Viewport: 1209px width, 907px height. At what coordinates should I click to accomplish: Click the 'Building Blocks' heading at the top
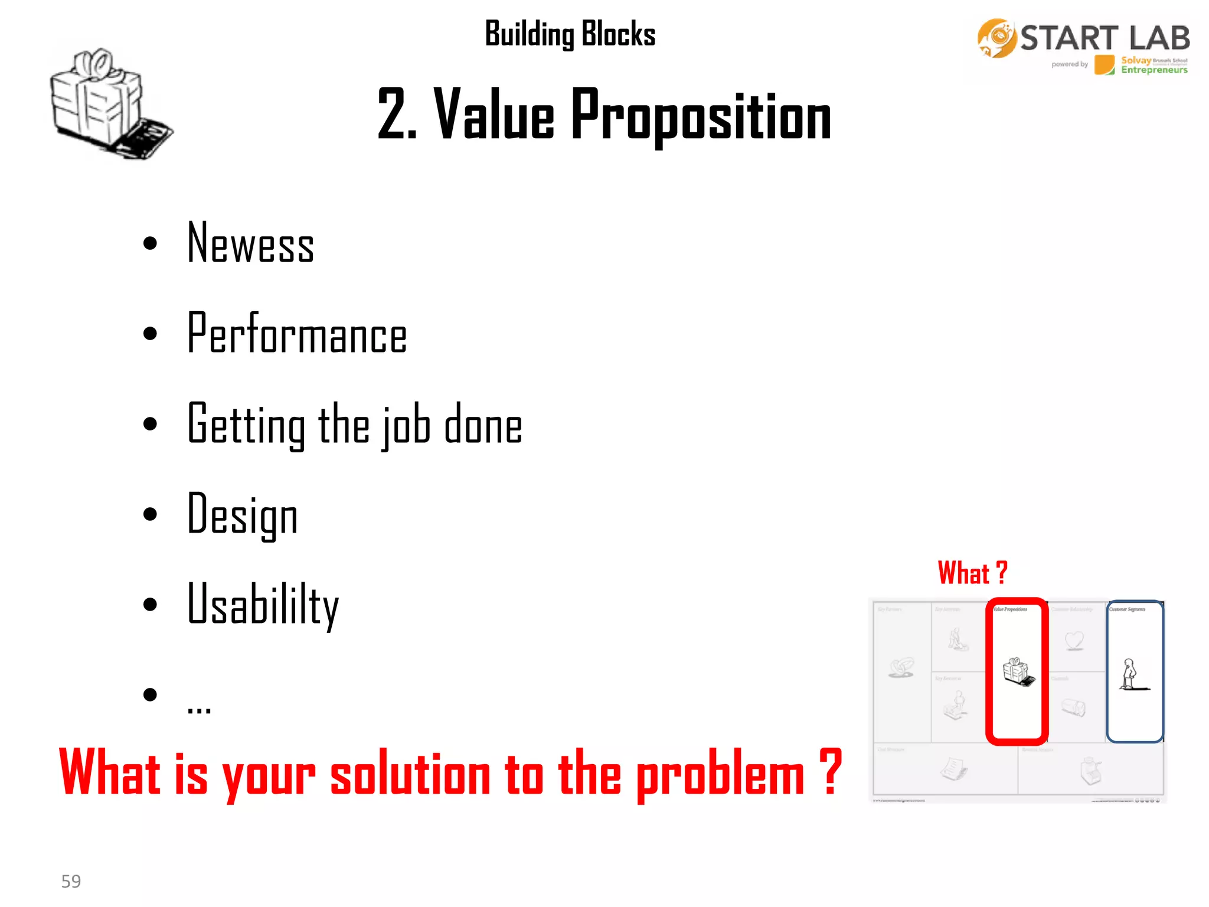click(570, 34)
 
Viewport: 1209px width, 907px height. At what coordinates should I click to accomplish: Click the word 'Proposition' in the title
click(701, 115)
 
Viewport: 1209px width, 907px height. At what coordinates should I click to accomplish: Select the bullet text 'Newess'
click(250, 243)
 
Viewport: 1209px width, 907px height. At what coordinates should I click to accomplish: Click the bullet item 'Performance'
click(296, 334)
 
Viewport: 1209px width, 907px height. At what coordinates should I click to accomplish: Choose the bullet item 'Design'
click(242, 516)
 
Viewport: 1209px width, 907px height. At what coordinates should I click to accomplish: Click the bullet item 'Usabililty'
click(263, 605)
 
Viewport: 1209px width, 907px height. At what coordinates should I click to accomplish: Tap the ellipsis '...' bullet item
click(199, 706)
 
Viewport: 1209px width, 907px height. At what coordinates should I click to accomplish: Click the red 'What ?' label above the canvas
click(972, 573)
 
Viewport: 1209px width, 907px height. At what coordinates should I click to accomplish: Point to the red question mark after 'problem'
click(831, 771)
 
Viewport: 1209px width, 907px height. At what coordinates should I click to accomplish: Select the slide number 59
click(71, 881)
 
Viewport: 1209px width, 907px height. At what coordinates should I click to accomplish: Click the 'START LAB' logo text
click(1105, 38)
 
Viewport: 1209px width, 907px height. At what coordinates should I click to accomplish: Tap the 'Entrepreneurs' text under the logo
click(1154, 70)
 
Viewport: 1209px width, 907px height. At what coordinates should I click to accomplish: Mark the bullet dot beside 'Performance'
click(151, 334)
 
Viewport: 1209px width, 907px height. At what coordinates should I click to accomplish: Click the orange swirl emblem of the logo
click(996, 38)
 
